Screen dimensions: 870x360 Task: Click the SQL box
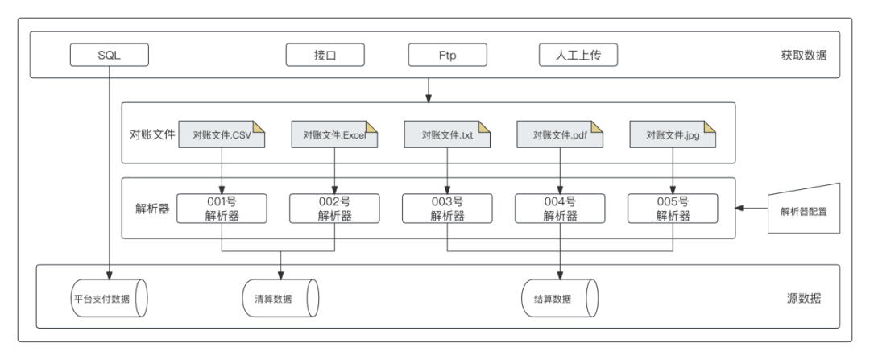(x=110, y=55)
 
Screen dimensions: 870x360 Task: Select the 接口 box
(x=325, y=55)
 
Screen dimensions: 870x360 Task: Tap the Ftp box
(x=448, y=55)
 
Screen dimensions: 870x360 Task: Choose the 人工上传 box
(x=578, y=55)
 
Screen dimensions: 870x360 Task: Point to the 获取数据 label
(x=804, y=56)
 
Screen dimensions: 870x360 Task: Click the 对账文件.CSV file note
(x=222, y=134)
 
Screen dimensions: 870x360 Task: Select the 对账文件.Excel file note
(x=334, y=134)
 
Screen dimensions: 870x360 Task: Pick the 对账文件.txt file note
(x=447, y=134)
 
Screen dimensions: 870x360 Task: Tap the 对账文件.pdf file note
(x=560, y=134)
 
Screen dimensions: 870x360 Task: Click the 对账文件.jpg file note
(x=673, y=134)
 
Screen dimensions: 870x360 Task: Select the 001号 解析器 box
(x=222, y=209)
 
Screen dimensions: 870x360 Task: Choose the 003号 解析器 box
(x=447, y=209)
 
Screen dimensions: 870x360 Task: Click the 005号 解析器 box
(x=673, y=209)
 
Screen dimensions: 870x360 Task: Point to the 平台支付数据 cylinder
(x=110, y=299)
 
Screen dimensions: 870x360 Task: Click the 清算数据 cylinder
(x=281, y=299)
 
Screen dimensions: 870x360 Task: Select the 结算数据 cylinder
(x=560, y=299)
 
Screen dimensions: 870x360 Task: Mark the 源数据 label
(x=804, y=299)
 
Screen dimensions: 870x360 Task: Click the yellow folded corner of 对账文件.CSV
(x=259, y=127)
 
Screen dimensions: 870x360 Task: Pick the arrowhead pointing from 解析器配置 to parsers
(x=739, y=209)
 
